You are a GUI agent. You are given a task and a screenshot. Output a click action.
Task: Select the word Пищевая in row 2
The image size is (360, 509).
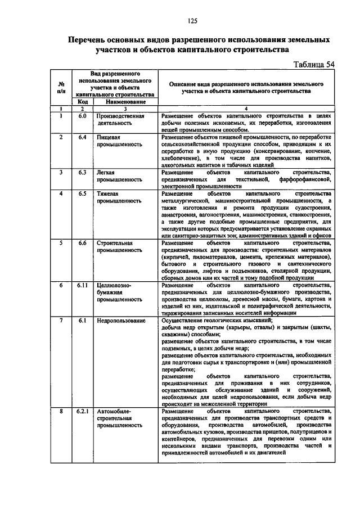pyautogui.click(x=109, y=137)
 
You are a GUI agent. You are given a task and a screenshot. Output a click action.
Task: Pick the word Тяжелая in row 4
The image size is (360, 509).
pyautogui.click(x=108, y=194)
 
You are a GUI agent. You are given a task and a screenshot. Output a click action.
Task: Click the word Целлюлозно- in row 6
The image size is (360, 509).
pyautogui.click(x=114, y=285)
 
